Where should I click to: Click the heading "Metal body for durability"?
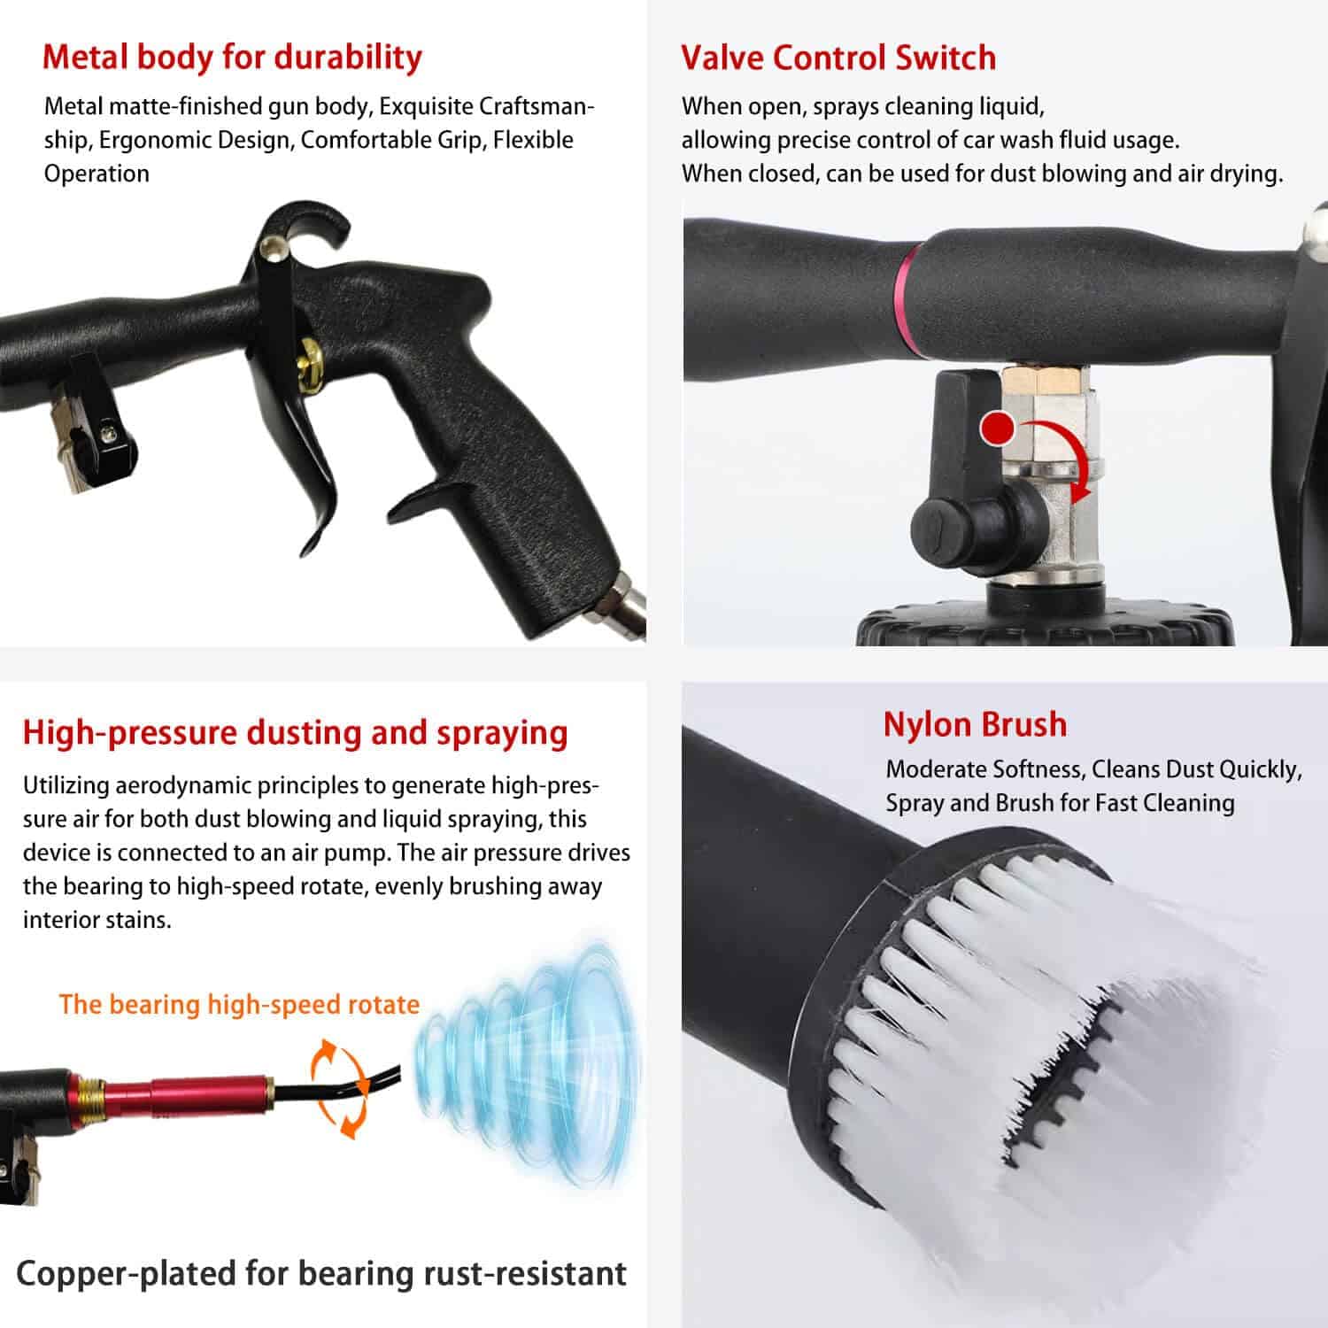(x=232, y=57)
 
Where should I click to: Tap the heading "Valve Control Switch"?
(x=838, y=58)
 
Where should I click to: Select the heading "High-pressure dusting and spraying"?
(x=295, y=733)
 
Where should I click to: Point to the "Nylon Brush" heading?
(x=975, y=724)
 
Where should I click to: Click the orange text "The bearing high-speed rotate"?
(x=239, y=1004)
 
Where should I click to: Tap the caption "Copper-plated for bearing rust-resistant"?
(x=320, y=1273)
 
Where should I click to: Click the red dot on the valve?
(x=999, y=429)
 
